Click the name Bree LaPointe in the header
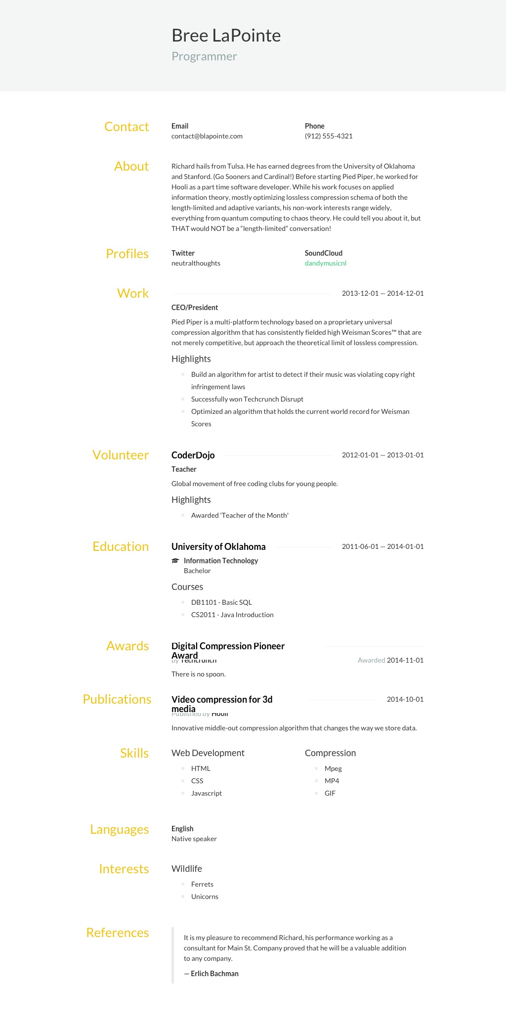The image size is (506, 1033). (226, 36)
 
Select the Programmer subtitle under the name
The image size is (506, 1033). (204, 57)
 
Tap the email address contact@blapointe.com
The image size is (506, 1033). (207, 136)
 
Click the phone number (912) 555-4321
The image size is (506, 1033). (329, 136)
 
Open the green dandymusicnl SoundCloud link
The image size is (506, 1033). (325, 263)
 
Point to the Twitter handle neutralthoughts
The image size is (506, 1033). (196, 263)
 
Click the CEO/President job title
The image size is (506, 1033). (195, 308)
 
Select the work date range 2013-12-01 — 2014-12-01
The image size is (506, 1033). (382, 293)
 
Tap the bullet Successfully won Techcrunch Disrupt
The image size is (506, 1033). (247, 399)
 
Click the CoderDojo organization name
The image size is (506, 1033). (193, 455)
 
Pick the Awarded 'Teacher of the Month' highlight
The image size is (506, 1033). (240, 515)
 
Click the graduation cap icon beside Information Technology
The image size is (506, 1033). (175, 561)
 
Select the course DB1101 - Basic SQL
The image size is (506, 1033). (221, 602)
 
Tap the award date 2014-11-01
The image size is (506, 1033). (405, 660)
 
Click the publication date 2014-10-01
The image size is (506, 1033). (405, 699)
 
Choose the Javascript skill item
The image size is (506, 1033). (207, 793)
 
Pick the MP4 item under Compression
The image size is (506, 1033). (332, 781)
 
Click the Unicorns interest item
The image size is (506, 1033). (205, 897)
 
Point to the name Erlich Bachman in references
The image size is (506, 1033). (214, 974)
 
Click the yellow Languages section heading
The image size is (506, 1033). (119, 829)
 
